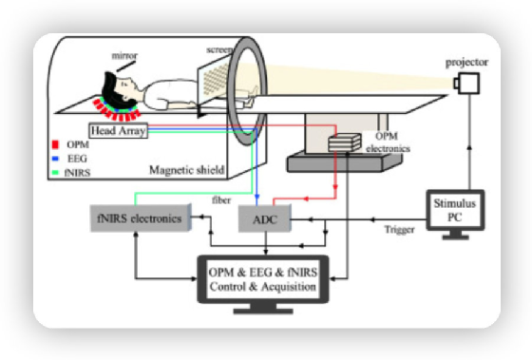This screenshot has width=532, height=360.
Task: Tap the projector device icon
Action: (465, 84)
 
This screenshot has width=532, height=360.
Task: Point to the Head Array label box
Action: (118, 131)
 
